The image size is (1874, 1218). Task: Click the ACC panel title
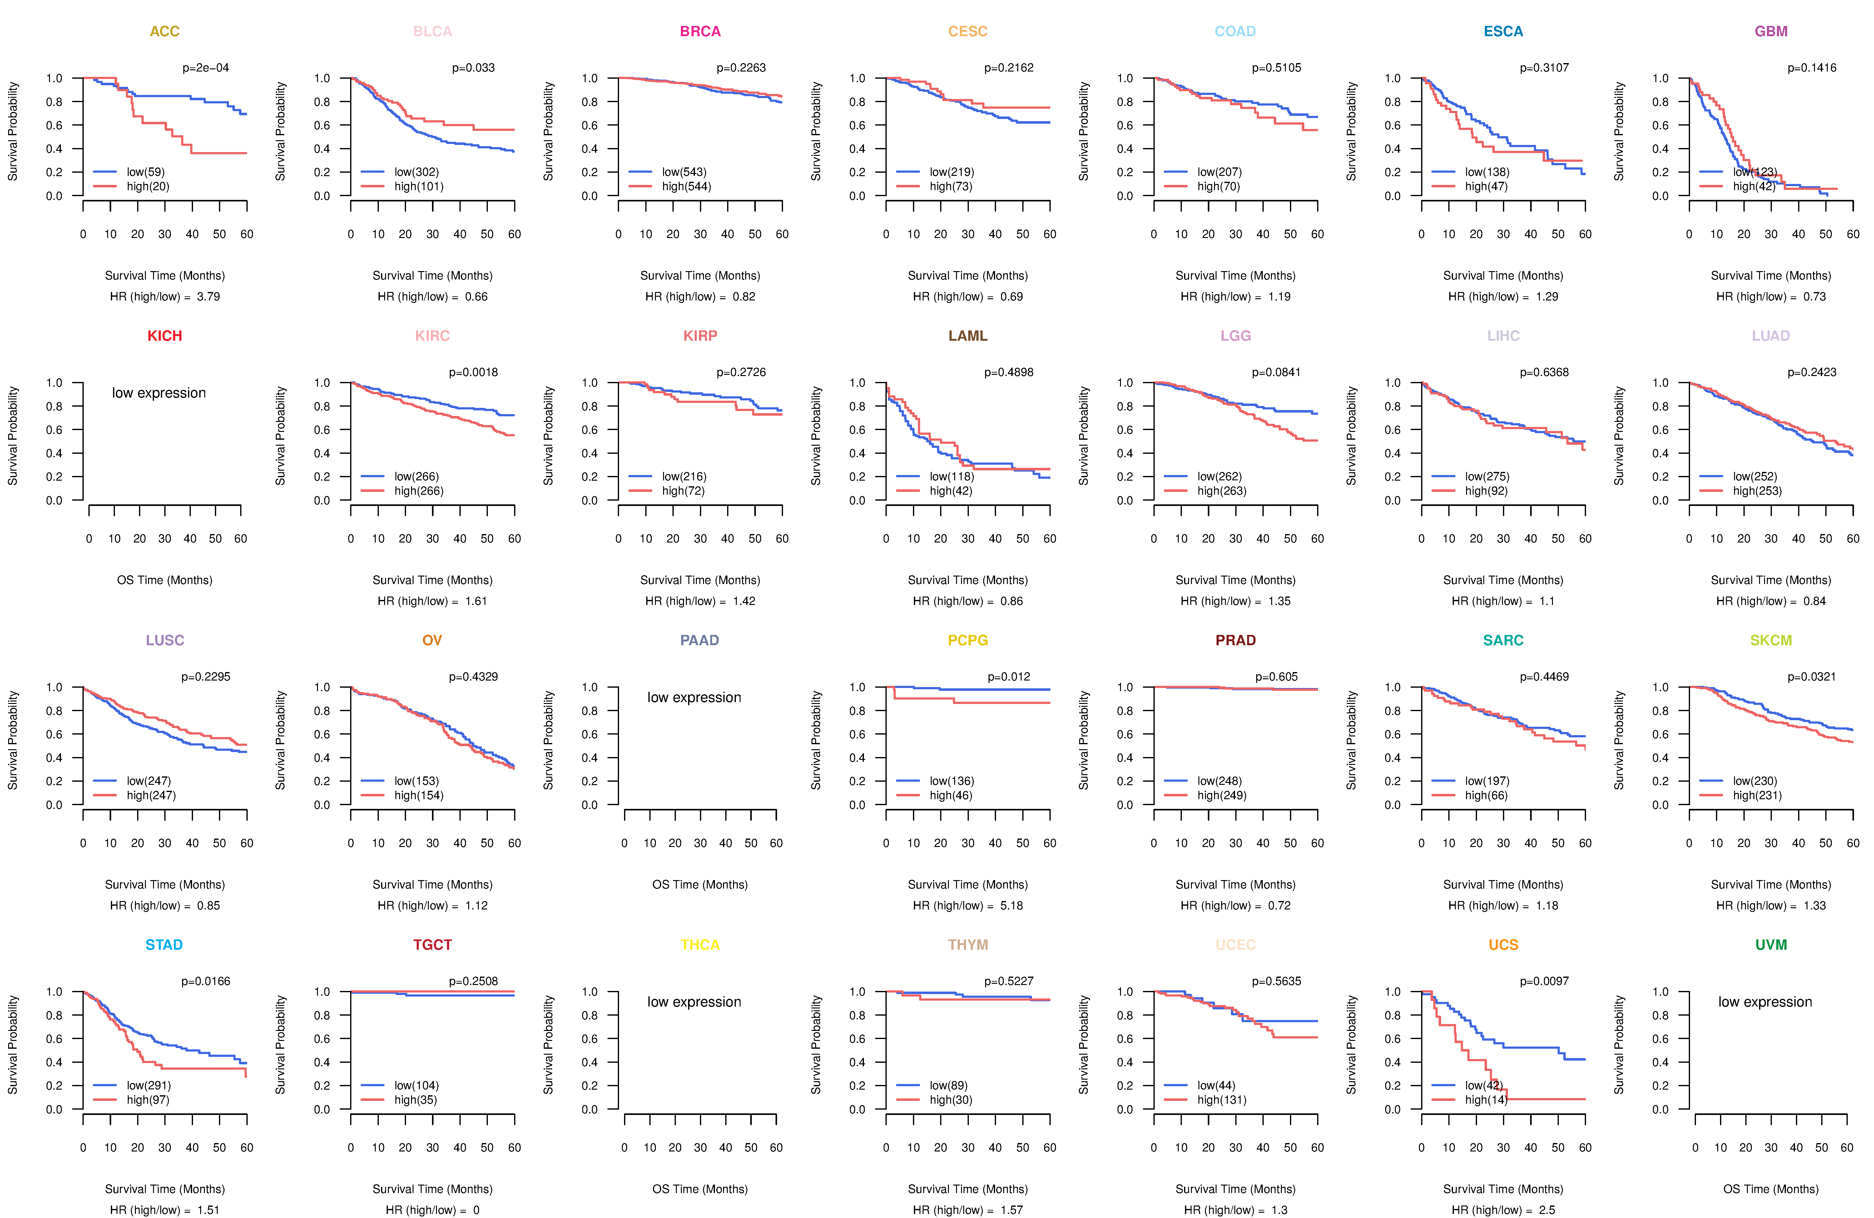pyautogui.click(x=165, y=32)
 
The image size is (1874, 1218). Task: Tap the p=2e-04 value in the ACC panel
pyautogui.click(x=206, y=68)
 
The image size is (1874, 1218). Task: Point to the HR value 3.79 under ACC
pyautogui.click(x=209, y=297)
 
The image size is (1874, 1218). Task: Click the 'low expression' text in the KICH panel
pyautogui.click(x=159, y=393)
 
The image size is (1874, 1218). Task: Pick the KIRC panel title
pyautogui.click(x=432, y=336)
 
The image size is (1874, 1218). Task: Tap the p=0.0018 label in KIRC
pyautogui.click(x=473, y=372)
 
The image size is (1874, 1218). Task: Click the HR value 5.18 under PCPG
pyautogui.click(x=1012, y=905)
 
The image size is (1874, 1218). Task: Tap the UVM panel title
pyautogui.click(x=1771, y=945)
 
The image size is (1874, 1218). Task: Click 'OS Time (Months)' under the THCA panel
pyautogui.click(x=700, y=1189)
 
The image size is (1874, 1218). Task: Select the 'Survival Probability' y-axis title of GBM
pyautogui.click(x=1619, y=131)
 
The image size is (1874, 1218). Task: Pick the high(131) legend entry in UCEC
pyautogui.click(x=1221, y=1100)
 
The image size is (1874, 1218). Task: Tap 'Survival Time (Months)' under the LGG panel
pyautogui.click(x=1235, y=580)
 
